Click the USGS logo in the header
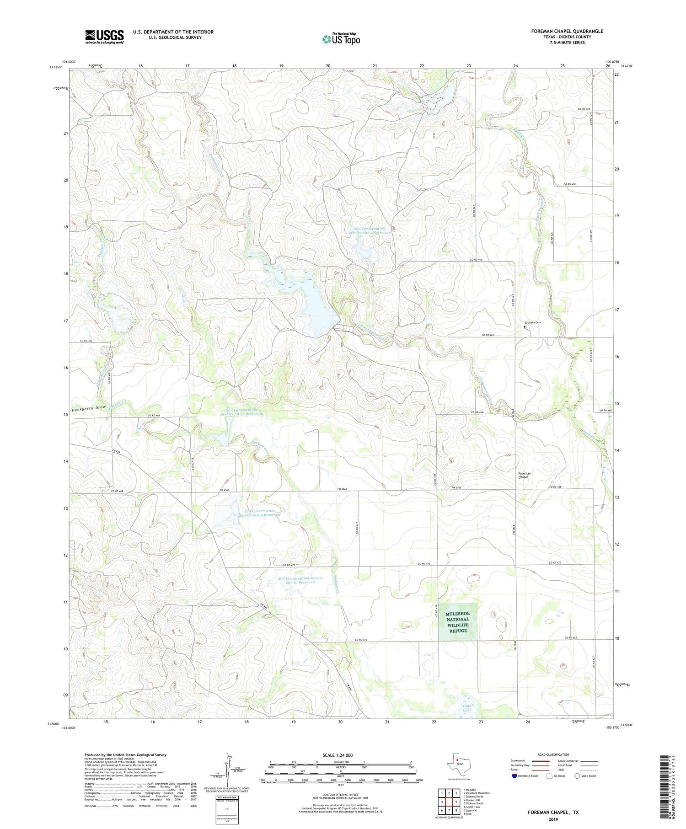(104, 37)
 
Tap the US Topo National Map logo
(341, 39)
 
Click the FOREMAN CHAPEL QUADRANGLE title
(567, 31)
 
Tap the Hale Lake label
(466, 708)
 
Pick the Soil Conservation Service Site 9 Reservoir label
(260, 513)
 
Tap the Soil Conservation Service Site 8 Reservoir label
(241, 412)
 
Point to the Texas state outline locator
(457, 763)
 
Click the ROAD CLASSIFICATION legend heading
(553, 754)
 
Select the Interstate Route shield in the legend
(515, 776)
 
